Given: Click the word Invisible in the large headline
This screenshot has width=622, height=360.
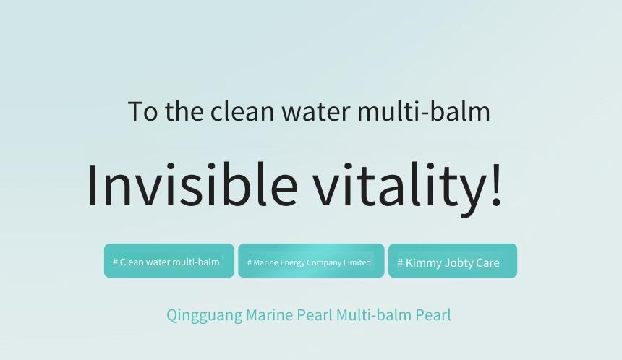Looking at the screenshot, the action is pyautogui.click(x=192, y=185).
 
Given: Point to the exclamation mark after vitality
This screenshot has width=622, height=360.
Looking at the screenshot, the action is pyautogui.click(x=496, y=184).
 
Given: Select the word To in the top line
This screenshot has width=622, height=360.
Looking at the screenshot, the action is pyautogui.click(x=142, y=111).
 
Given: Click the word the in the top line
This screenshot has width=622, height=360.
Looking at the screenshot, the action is pyautogui.click(x=184, y=111).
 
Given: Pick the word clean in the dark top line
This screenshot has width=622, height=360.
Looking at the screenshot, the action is pyautogui.click(x=242, y=111).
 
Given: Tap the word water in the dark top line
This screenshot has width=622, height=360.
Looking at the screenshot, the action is pyautogui.click(x=316, y=111).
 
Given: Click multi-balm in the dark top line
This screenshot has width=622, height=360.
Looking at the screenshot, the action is pyautogui.click(x=424, y=111).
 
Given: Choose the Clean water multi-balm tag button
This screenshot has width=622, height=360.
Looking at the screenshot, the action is pyautogui.click(x=169, y=261).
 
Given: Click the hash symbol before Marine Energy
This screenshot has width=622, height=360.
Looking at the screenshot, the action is pyautogui.click(x=249, y=262).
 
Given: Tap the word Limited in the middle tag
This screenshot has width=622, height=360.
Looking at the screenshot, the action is pyautogui.click(x=357, y=262).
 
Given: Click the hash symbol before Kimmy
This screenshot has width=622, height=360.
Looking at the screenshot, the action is pyautogui.click(x=400, y=263).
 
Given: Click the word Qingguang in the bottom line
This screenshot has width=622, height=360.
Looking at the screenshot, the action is pyautogui.click(x=204, y=316).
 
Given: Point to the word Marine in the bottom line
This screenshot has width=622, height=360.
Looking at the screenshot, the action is pyautogui.click(x=269, y=314).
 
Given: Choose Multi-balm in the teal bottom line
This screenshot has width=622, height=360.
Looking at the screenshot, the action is pyautogui.click(x=374, y=314).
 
